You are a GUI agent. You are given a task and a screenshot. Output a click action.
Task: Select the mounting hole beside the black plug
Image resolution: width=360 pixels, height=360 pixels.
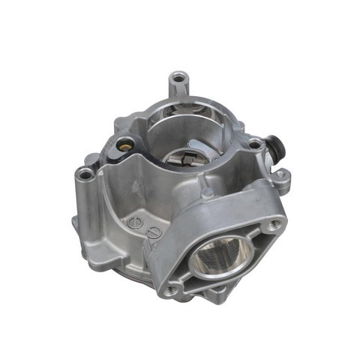(254, 142)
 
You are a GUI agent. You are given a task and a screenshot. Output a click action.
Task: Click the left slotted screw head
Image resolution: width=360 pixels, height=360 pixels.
(134, 222)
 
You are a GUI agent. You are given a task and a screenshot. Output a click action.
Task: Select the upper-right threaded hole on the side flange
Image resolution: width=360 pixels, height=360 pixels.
(272, 222)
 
